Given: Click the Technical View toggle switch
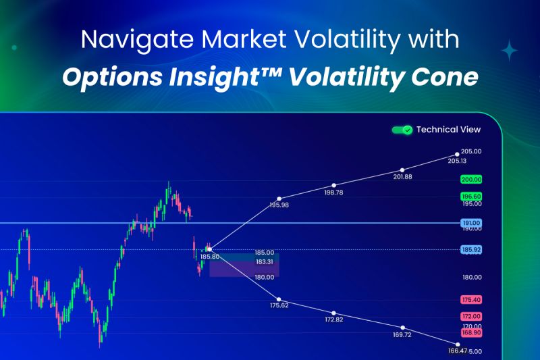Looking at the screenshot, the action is pos(402,130).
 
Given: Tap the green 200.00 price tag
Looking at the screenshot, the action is pos(471,180).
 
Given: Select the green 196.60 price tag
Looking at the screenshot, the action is pos(471,197).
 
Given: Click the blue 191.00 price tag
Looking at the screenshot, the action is pos(471,223).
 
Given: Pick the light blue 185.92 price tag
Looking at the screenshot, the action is pos(471,249).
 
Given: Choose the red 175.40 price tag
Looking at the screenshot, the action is pos(471,300).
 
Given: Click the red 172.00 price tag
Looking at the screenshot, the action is pos(471,316).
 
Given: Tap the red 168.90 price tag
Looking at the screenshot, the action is pos(471,333).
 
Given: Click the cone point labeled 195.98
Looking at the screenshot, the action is pos(279,199).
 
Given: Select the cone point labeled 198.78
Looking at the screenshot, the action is pos(333,185).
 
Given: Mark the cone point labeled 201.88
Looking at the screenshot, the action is pos(402,170).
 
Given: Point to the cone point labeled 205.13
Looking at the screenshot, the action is pos(457,155).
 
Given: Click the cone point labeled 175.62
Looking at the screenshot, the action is pos(279,299).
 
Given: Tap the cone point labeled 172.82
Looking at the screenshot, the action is pos(333,313).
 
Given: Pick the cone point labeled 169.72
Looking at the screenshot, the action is pos(402,328).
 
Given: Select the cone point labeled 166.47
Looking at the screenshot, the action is pos(458,344).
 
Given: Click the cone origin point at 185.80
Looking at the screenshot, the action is pos(210,249).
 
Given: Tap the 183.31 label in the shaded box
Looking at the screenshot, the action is pos(265,262).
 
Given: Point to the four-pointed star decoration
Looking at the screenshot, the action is pos(510,51).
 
